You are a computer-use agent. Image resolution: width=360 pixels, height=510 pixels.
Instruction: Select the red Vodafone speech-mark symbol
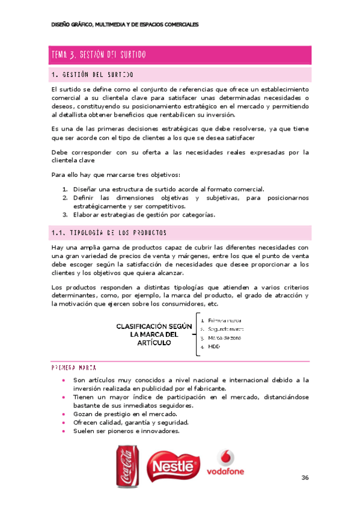pos(226,458)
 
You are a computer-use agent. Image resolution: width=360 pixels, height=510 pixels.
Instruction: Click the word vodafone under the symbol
pos(226,472)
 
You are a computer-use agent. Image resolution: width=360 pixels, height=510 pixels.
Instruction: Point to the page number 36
pos(305,478)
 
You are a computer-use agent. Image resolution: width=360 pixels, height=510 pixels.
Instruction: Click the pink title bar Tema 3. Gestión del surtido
pos(180,55)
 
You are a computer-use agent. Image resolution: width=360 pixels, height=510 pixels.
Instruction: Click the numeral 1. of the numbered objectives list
pos(64,188)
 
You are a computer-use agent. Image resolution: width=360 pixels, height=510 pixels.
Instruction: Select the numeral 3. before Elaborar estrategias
pos(64,215)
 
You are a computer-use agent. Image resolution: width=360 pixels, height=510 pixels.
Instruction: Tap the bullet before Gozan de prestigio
pos(64,414)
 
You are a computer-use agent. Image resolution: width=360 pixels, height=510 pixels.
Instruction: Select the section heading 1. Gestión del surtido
pos(93,75)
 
